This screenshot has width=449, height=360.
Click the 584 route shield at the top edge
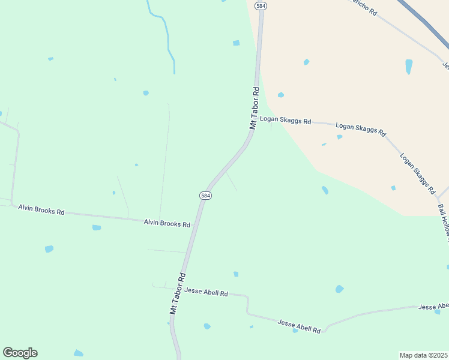click(260, 5)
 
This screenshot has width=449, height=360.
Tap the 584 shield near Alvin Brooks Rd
click(205, 196)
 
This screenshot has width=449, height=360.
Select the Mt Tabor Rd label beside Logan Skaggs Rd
click(255, 108)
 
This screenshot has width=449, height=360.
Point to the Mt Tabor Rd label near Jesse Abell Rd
click(177, 293)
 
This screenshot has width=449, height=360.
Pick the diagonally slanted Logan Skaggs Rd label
click(417, 173)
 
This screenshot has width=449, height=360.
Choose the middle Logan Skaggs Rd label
click(360, 129)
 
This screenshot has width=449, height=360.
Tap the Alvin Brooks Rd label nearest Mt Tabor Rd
click(167, 223)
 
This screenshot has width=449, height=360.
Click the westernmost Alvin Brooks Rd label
click(41, 209)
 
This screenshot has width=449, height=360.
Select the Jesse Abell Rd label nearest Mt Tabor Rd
click(206, 292)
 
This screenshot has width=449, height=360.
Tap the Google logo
click(20, 353)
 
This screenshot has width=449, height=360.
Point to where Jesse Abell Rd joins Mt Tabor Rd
click(179, 289)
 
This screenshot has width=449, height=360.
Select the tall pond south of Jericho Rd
click(409, 66)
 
